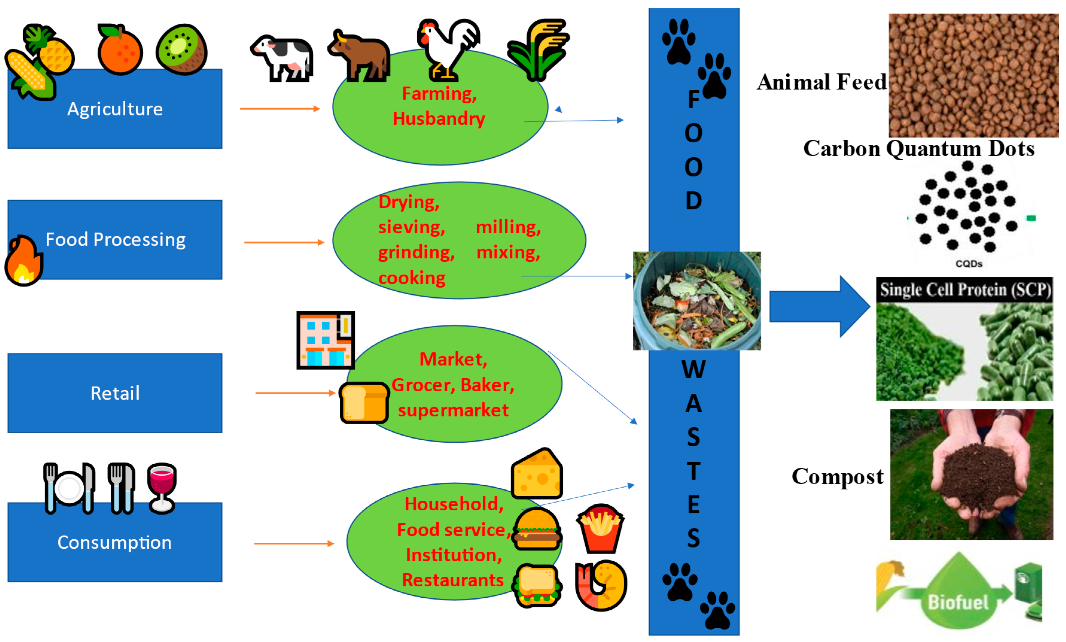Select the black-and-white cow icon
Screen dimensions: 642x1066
click(x=282, y=58)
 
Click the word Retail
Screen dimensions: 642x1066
click(x=115, y=393)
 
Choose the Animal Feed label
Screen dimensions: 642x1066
click(x=821, y=82)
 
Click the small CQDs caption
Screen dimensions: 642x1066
click(x=969, y=264)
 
